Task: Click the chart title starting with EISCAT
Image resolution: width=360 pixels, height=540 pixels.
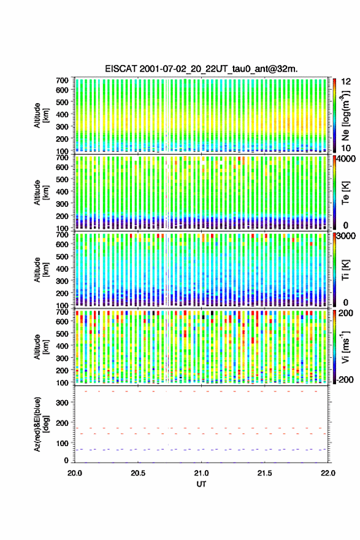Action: point(201,69)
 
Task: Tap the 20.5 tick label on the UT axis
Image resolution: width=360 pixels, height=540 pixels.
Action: point(138,473)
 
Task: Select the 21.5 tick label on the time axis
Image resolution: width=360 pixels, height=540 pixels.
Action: point(264,473)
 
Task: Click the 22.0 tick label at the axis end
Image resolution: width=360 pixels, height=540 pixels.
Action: point(327,473)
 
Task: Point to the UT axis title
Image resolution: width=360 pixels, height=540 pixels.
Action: point(201,484)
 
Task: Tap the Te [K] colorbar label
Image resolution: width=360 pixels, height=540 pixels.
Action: point(345,193)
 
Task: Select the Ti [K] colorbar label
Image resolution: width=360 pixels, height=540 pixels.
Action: point(345,269)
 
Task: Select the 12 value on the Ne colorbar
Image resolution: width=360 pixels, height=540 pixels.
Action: point(346,81)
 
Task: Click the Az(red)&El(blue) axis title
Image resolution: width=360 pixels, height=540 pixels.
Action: point(40,424)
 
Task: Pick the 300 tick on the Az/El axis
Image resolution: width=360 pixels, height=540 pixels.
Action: point(63,403)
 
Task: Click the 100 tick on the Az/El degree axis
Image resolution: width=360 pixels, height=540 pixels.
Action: point(63,443)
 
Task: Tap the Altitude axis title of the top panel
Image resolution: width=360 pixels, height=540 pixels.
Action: point(40,115)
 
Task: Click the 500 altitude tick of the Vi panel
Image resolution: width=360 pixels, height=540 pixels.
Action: point(63,334)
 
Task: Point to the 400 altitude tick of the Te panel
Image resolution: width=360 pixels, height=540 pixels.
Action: point(63,191)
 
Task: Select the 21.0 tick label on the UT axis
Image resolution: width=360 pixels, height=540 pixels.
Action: point(201,473)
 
